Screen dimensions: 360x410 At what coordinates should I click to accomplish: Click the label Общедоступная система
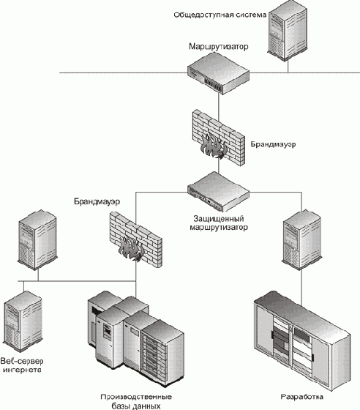tap(220, 15)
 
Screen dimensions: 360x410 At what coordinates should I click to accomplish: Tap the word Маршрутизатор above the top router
tap(219, 47)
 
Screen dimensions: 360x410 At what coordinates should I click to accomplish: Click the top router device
tap(219, 73)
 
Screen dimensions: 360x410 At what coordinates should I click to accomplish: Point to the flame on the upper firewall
tap(213, 146)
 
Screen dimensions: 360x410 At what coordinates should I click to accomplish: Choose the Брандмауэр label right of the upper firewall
tap(273, 144)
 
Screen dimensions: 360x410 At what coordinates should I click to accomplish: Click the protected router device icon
tap(218, 192)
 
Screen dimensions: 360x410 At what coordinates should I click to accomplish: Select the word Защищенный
tap(218, 218)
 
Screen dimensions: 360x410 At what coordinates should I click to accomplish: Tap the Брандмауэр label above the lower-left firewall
tap(97, 201)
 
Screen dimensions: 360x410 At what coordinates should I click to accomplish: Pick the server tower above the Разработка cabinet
tap(302, 239)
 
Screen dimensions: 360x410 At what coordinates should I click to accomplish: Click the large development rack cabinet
tap(302, 340)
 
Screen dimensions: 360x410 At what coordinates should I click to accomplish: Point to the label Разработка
tap(302, 397)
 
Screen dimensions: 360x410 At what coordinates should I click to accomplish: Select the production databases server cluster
tap(136, 338)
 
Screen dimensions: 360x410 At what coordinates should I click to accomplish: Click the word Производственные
tap(136, 397)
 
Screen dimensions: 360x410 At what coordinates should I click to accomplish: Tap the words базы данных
tap(136, 406)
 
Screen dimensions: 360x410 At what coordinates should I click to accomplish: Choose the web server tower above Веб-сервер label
tap(23, 321)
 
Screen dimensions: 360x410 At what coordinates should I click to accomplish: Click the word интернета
tap(22, 370)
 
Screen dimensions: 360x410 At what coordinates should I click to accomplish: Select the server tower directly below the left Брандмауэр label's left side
tap(37, 239)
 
